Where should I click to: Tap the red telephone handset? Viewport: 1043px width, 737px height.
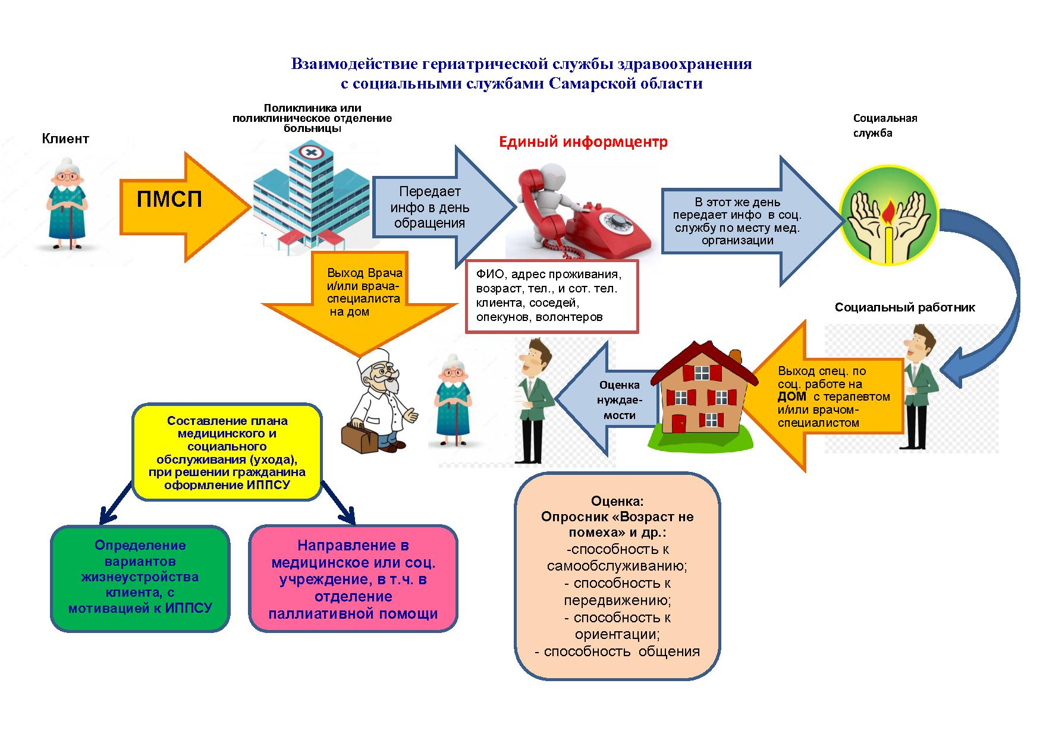point(538,205)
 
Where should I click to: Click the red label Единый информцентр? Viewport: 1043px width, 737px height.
point(583,142)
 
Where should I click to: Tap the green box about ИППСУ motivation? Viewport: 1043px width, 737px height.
point(140,578)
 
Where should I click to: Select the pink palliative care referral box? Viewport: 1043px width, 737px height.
point(353,578)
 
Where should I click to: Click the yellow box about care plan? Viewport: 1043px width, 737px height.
point(227,452)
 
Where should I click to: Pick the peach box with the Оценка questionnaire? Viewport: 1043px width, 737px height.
point(617,576)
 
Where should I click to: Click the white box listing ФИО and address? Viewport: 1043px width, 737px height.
point(552,295)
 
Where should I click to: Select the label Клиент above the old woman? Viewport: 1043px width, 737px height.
point(65,139)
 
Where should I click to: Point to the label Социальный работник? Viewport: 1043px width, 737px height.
point(905,307)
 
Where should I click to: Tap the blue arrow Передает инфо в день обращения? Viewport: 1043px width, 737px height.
point(444,207)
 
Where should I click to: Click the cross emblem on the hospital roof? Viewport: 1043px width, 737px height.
point(310,153)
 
